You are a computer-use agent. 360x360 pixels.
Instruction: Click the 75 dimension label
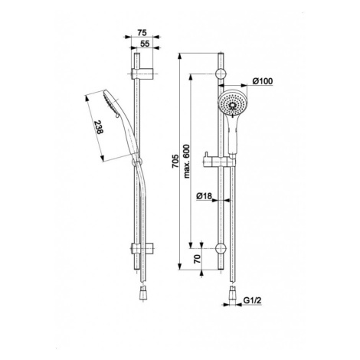click(x=142, y=32)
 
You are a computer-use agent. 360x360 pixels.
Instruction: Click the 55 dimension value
click(x=145, y=44)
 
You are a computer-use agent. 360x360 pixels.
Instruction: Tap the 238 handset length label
click(x=99, y=127)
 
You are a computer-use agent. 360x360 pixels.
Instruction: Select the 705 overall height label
click(x=175, y=161)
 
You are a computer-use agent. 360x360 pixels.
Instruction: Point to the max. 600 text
click(x=187, y=161)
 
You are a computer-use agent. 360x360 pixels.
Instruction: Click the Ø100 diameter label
click(x=263, y=81)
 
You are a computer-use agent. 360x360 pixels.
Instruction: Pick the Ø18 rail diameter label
click(x=204, y=196)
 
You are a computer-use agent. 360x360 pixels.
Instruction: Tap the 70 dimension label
click(x=197, y=259)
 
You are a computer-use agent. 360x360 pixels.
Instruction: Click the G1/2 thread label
click(x=252, y=300)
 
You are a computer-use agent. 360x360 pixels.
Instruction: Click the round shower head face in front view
click(x=232, y=103)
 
